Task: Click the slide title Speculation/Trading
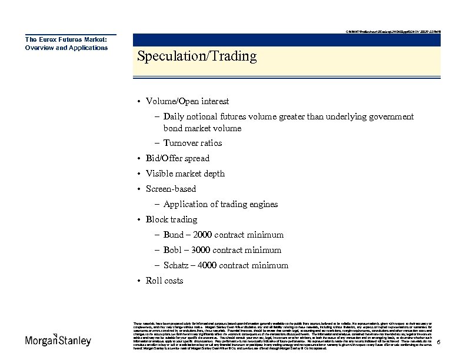pos(197,56)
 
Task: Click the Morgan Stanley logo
pos(58,341)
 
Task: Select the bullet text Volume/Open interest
pos(187,102)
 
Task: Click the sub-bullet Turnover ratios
pos(192,143)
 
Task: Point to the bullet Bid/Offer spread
pos(177,158)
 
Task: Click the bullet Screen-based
pos(171,189)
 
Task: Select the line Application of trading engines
pos(220,204)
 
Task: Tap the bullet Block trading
pos(171,219)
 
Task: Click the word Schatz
pos(176,265)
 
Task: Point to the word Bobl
pos(174,250)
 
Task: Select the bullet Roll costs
pos(164,281)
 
